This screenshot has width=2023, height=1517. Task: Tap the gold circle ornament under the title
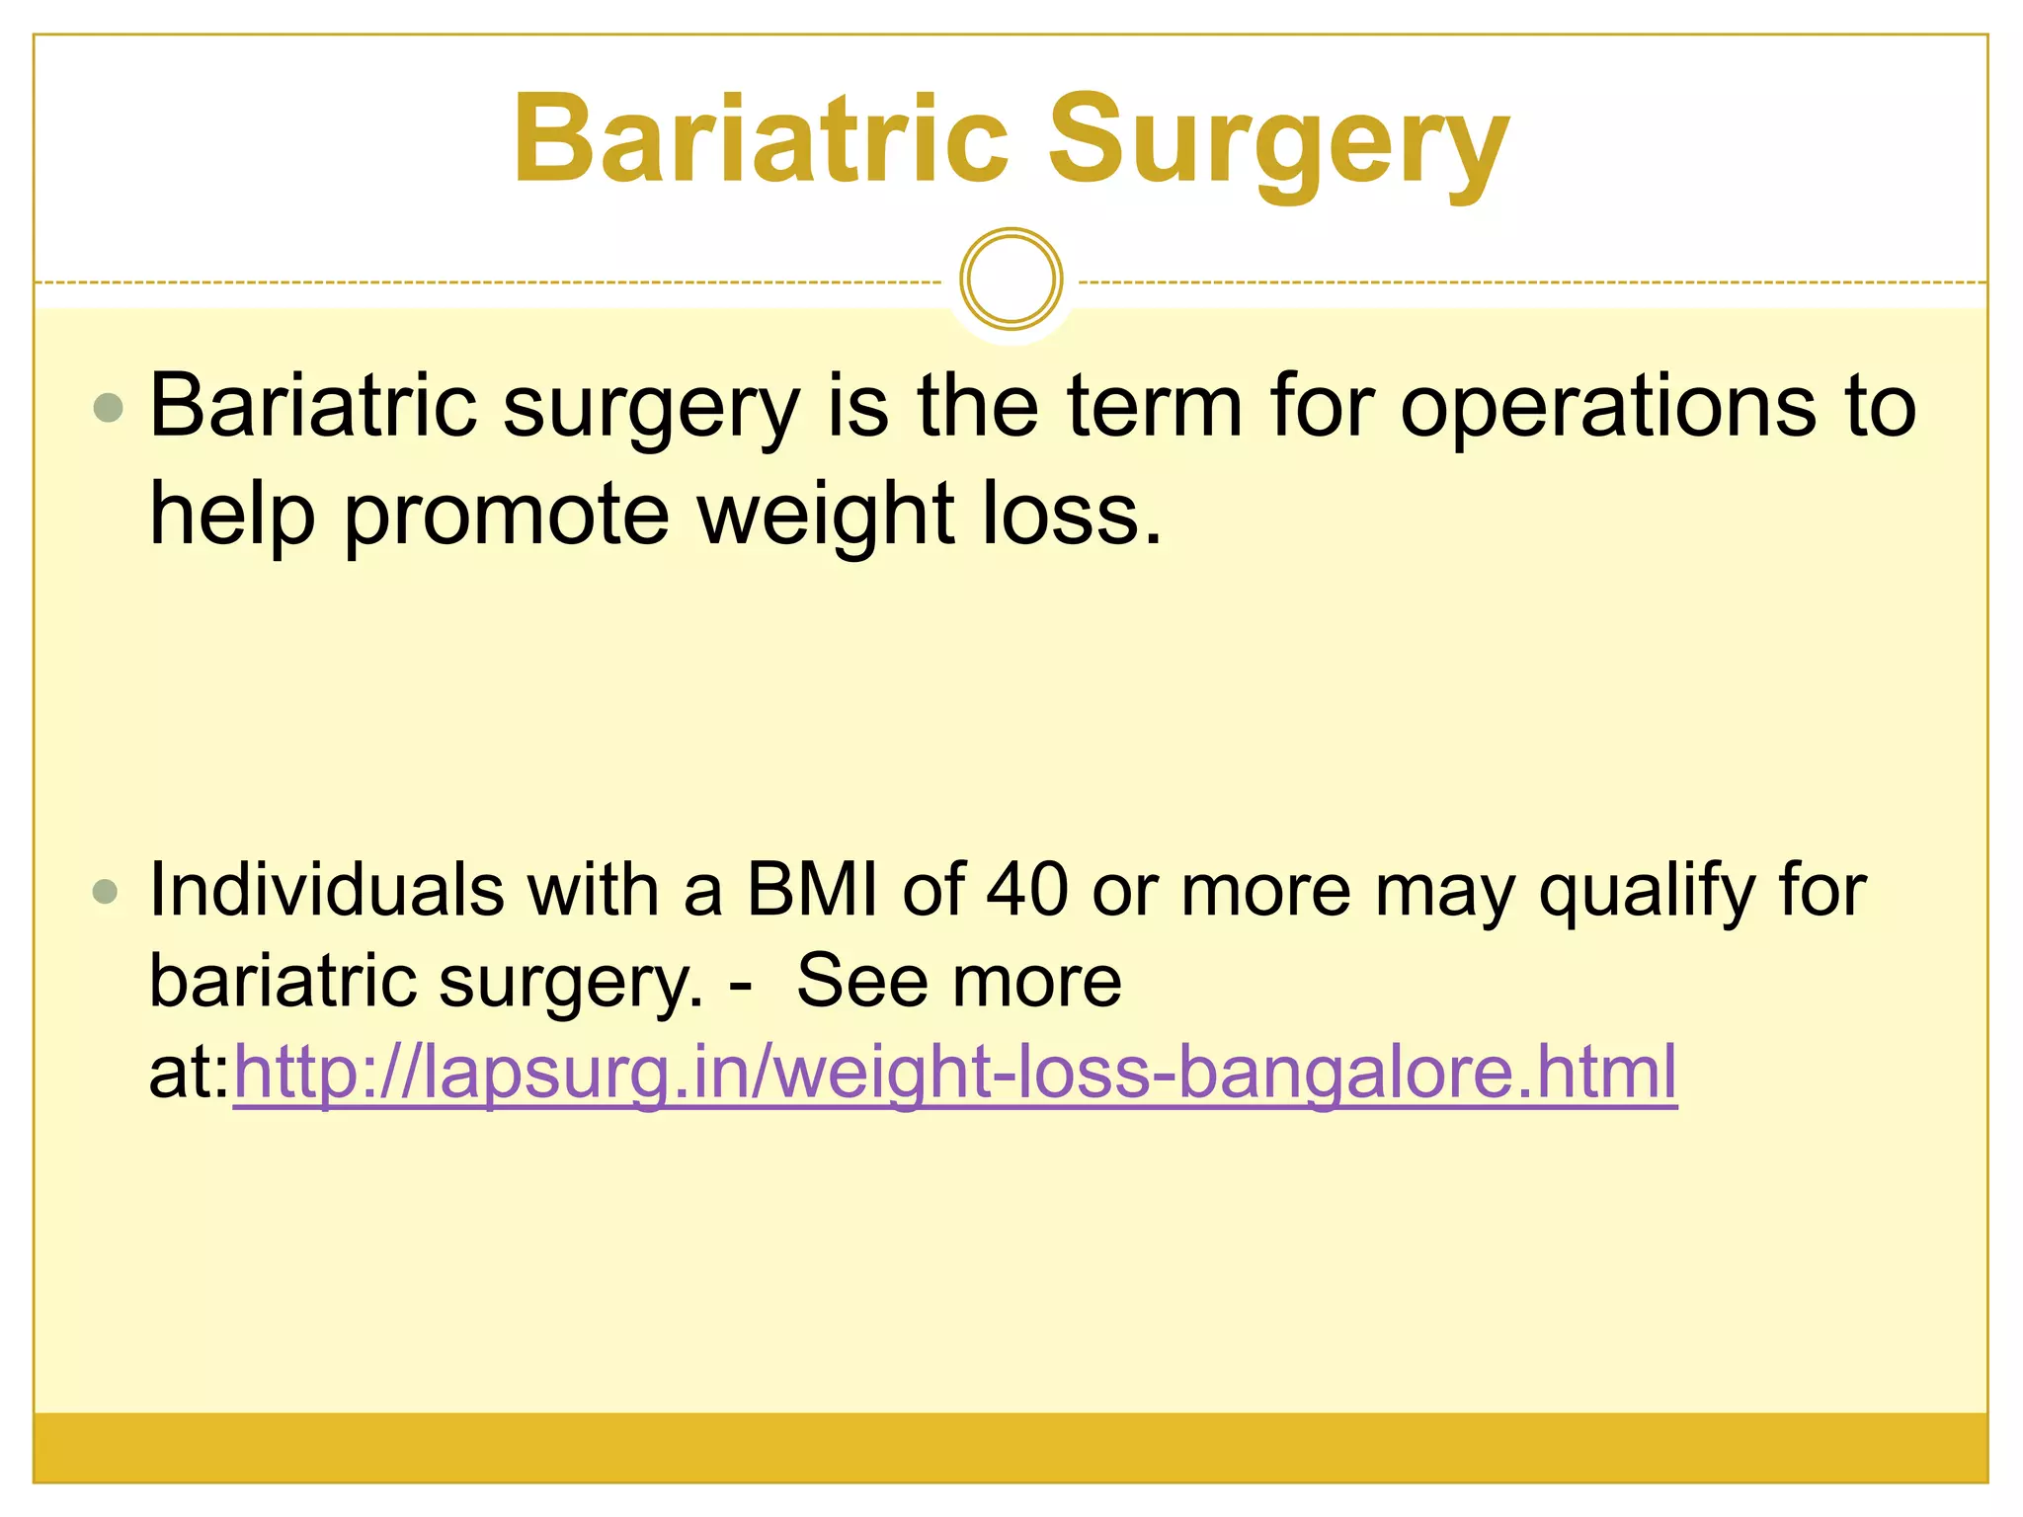(1011, 279)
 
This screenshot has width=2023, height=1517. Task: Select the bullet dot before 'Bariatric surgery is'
(108, 407)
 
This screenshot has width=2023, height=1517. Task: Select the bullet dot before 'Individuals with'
(105, 893)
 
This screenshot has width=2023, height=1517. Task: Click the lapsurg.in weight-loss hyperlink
(955, 1073)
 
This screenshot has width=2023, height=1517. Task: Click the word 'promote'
(507, 516)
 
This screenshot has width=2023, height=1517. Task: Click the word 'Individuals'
(325, 891)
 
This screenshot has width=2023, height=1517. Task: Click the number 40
(1027, 891)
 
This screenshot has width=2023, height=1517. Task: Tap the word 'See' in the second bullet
(862, 982)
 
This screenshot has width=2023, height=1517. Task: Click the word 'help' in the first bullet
(232, 516)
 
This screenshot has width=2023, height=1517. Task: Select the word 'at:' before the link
(189, 1073)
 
